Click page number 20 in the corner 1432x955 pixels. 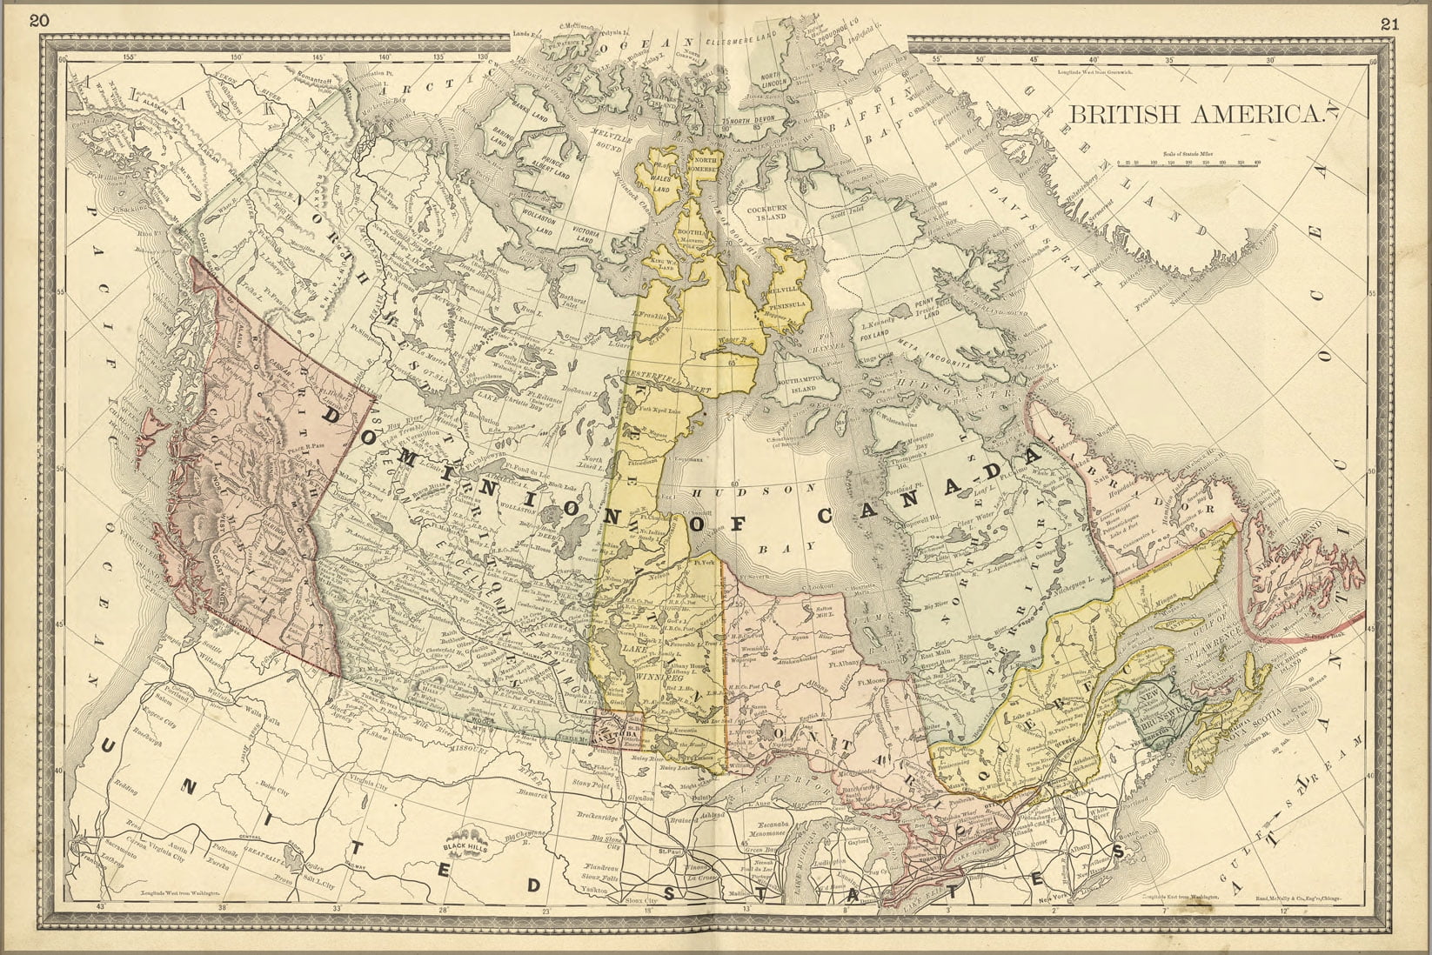click(x=39, y=22)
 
